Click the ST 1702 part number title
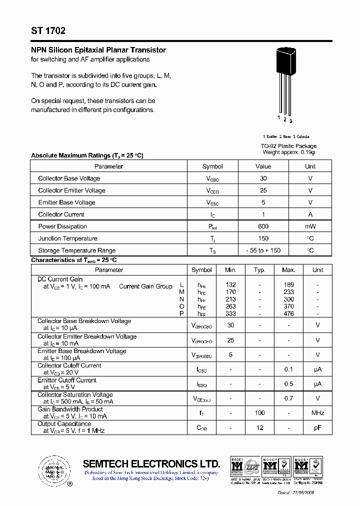48,31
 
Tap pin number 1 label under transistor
279,117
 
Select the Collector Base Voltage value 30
263,178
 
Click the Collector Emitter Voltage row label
71,190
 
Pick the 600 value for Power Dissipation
263,226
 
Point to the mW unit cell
310,226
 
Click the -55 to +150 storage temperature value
263,250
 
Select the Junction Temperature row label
67,238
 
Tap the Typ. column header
259,270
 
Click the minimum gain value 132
230,285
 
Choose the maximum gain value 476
288,314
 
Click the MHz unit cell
317,413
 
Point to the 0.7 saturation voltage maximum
288,398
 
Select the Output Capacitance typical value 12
259,427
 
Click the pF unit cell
317,427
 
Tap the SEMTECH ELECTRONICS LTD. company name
151,463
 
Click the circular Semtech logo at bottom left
51,470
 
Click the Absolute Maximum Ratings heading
87,155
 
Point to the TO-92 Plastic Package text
289,146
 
